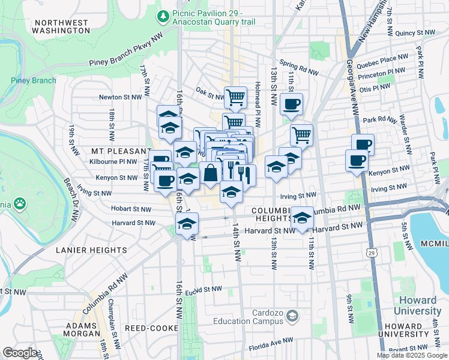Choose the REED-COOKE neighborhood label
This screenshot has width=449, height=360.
(x=151, y=328)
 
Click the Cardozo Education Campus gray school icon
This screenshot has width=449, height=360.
(x=292, y=316)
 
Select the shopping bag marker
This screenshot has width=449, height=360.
(x=210, y=173)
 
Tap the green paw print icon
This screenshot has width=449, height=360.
(x=20, y=204)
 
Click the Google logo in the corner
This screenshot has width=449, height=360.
(x=20, y=353)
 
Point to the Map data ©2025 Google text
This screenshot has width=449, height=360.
(x=412, y=355)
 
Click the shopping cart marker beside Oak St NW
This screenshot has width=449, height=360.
(x=235, y=96)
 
